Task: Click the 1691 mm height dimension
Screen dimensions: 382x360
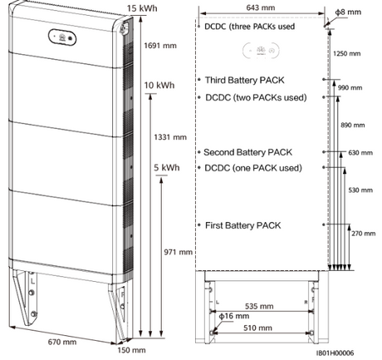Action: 160,46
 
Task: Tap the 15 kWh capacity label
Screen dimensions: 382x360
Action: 142,8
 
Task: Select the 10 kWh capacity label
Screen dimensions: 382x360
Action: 159,85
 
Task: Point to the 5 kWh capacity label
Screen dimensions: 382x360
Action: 167,168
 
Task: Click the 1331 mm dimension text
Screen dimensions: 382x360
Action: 170,137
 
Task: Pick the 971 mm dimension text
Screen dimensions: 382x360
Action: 178,252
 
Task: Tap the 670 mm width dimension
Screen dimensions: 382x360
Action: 62,342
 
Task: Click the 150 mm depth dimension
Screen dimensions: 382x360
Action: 131,350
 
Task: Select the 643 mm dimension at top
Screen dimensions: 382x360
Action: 261,7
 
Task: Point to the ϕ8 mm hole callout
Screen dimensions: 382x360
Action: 348,12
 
